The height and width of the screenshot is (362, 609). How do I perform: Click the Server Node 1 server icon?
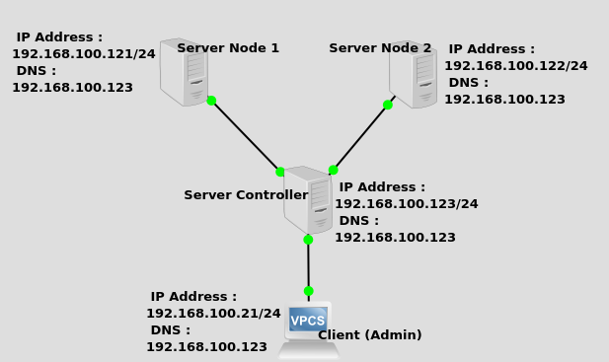tap(184, 72)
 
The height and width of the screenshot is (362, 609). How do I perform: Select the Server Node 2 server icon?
tap(413, 74)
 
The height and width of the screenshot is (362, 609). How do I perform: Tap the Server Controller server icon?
tap(308, 199)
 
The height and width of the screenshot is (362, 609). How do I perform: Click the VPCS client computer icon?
tap(308, 324)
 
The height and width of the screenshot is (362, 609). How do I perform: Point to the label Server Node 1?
tap(228, 48)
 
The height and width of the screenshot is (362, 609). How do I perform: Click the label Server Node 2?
tap(380, 48)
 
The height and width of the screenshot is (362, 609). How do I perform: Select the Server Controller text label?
tap(246, 195)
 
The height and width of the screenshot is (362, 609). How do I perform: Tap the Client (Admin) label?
tap(369, 335)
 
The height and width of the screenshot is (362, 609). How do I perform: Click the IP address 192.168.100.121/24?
tap(84, 54)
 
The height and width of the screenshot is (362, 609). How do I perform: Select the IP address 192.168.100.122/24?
tap(515, 66)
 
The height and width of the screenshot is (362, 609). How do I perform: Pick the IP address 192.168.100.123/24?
tap(406, 204)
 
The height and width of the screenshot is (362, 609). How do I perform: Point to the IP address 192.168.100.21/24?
tap(213, 314)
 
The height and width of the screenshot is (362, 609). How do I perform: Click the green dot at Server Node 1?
tap(211, 101)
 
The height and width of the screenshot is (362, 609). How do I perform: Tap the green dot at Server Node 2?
tap(388, 105)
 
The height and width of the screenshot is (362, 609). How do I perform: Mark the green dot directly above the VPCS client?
tap(308, 291)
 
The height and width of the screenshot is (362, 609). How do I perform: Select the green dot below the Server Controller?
tap(308, 240)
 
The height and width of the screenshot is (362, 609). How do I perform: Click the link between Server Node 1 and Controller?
tap(246, 136)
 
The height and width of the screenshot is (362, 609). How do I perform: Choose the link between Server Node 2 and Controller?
tap(360, 137)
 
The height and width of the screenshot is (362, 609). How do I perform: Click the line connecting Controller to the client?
tap(308, 265)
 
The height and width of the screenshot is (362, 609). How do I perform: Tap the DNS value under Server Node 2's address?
tap(504, 100)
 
